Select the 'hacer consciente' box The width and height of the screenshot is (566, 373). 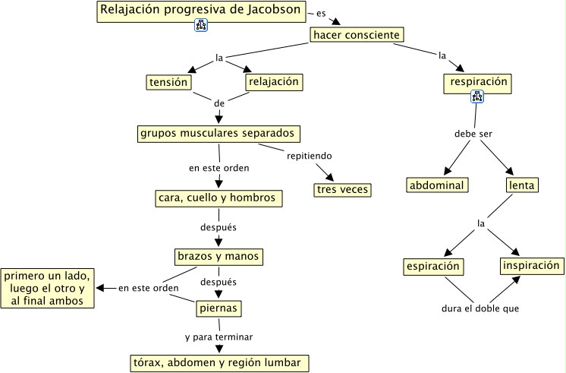coord(356,35)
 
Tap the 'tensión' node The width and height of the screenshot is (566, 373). coord(168,81)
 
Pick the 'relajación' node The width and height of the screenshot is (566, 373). coord(273,81)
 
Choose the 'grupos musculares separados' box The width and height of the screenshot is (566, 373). coord(218,133)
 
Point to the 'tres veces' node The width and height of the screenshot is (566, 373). coord(343,189)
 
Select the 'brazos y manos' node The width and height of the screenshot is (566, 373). coord(219,256)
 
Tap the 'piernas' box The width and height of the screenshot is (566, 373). coord(219,308)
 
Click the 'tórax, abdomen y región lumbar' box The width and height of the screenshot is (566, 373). coord(219,362)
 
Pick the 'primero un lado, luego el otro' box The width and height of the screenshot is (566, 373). coord(49,288)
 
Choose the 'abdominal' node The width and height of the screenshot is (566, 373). coord(437,185)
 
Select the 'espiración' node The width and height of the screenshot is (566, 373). coord(433,267)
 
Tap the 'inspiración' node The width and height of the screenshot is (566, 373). coord(531,266)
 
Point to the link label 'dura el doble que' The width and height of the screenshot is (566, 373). coord(480,308)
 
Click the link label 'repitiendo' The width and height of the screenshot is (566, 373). coord(309,156)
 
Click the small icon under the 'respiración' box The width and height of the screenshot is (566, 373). coord(477,96)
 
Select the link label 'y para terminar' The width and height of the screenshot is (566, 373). coord(219,336)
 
